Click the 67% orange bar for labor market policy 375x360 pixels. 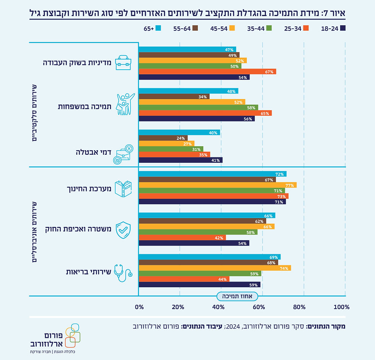tap(207, 72)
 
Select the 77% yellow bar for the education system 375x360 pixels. tap(217, 185)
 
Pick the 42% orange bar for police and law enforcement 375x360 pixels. tap(182, 237)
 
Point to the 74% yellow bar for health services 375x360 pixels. tap(215, 268)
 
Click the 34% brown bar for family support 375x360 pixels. tap(174, 97)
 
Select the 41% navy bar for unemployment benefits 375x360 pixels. tap(180, 160)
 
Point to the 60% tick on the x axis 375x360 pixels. tap(259, 307)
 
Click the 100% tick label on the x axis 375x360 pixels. tap(341, 307)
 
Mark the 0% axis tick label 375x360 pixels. tap(139, 307)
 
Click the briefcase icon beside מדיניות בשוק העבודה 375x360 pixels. tap(123, 62)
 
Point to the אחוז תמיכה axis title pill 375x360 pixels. tap(237, 296)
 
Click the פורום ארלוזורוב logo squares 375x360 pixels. tap(73, 334)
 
